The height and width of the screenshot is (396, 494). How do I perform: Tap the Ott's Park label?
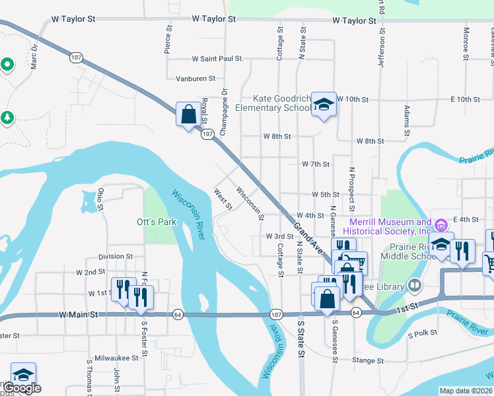pos(157,222)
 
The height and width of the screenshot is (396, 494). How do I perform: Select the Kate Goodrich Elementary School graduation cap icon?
pos(324,104)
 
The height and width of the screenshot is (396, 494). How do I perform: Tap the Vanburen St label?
pos(195,79)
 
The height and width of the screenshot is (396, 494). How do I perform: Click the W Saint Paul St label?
pos(217,59)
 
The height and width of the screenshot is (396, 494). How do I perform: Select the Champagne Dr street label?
pos(224,109)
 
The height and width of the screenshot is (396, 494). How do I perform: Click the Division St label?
pos(116,256)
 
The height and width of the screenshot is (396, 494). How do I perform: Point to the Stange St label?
pos(363,360)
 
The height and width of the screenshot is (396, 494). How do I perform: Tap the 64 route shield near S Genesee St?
pos(356,312)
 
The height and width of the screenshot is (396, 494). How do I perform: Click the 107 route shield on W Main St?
pos(276,312)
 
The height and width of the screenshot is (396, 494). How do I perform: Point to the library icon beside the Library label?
pos(415,286)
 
